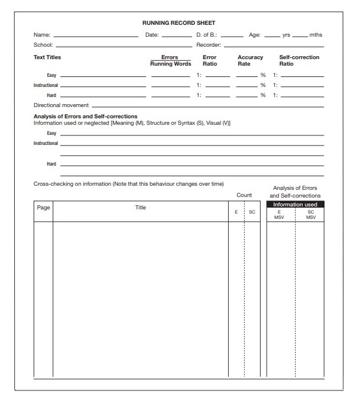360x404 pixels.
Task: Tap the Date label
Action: [x=152, y=35]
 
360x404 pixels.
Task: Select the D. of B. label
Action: [x=206, y=35]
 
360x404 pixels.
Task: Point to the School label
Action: [x=43, y=45]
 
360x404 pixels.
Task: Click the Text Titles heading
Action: [x=47, y=57]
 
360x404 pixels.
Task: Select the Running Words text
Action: [x=170, y=64]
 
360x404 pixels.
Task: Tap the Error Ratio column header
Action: [x=210, y=60]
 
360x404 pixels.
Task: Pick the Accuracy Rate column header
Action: [x=250, y=60]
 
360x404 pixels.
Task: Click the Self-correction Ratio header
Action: [x=299, y=60]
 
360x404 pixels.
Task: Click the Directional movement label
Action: [x=61, y=105]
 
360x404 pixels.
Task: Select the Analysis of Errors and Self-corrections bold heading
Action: [x=86, y=117]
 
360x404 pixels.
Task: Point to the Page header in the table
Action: [x=43, y=208]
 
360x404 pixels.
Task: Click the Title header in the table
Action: [x=141, y=208]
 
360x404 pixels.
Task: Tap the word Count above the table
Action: [x=244, y=195]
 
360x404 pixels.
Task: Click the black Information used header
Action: [x=295, y=205]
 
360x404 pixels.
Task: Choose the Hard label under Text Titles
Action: [x=51, y=95]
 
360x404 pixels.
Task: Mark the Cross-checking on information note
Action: [x=129, y=184]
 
